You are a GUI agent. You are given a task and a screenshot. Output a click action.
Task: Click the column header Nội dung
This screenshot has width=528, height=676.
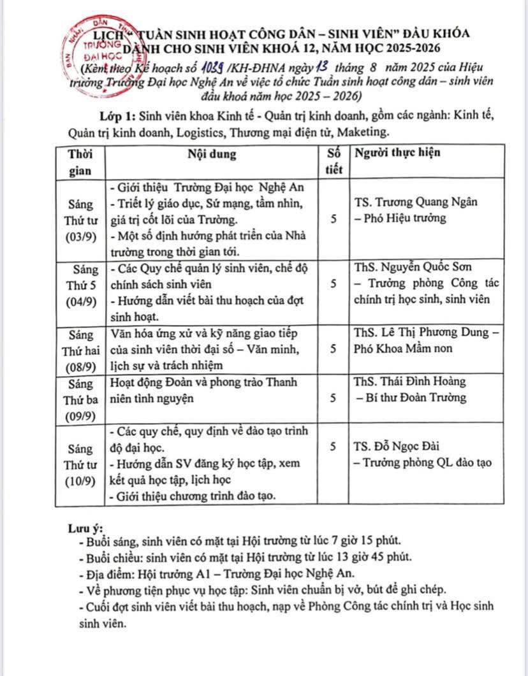click(212, 154)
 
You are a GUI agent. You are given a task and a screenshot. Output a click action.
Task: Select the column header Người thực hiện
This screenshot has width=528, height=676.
click(397, 153)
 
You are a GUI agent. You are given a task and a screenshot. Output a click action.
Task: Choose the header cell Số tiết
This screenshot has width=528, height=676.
click(334, 161)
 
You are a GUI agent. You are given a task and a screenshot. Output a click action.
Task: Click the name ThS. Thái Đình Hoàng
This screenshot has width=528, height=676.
click(409, 381)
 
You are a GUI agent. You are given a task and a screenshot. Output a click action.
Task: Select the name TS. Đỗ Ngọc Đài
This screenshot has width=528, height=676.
click(396, 446)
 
